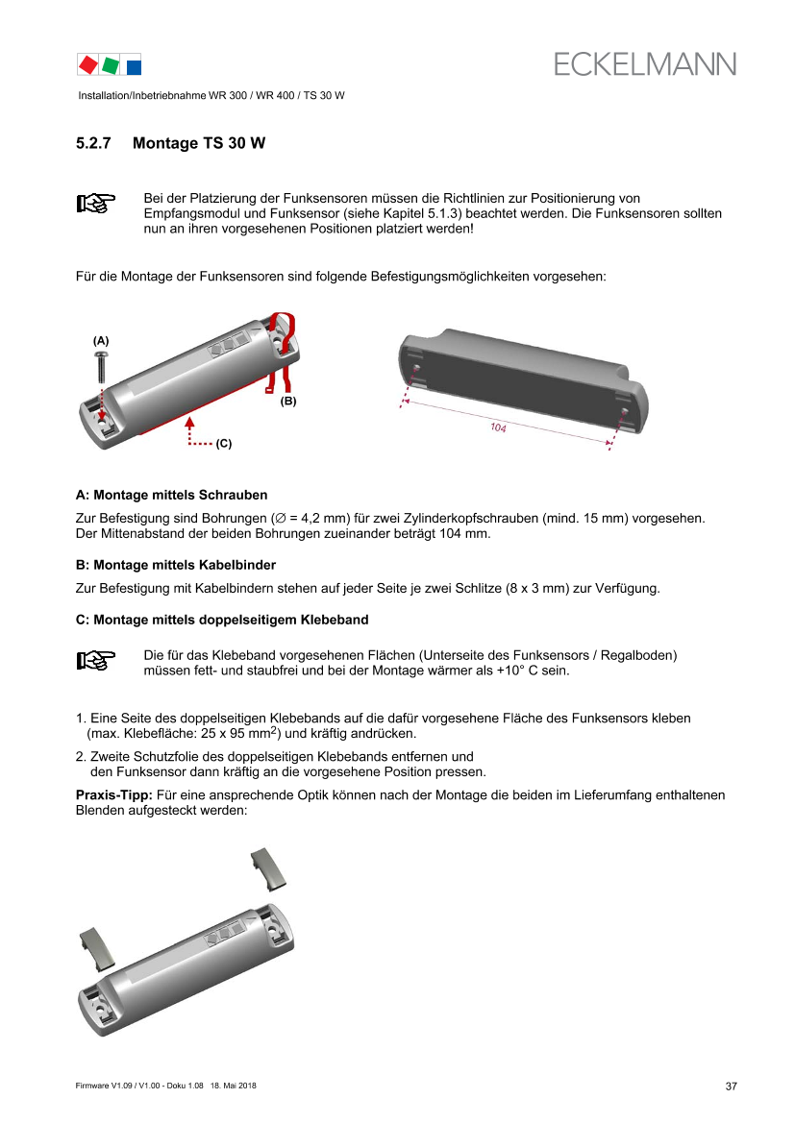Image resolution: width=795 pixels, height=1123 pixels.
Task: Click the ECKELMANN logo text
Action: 644,64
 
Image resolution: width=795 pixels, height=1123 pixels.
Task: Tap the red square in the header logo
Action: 88,65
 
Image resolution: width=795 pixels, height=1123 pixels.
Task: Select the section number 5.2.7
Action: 93,143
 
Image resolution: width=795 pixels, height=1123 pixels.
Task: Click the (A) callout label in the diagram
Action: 101,341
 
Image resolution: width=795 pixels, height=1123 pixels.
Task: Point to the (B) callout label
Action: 288,402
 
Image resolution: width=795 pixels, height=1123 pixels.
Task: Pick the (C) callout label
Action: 224,443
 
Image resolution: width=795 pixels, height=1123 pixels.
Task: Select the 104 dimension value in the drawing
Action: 498,427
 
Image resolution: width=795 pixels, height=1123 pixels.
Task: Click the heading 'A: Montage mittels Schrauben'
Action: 171,495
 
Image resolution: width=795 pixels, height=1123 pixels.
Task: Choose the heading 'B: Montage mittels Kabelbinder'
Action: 176,565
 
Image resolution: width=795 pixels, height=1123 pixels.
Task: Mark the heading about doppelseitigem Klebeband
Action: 222,621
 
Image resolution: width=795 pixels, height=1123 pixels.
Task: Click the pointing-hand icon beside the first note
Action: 95,204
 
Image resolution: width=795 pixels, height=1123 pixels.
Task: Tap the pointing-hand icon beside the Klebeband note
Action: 95,660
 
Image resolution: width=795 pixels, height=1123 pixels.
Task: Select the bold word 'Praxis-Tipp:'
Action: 114,795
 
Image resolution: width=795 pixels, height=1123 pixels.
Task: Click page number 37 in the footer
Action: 732,1086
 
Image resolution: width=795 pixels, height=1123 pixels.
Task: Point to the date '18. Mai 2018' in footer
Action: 233,1086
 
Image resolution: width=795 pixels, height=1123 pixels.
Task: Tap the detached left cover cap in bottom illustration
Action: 96,948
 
